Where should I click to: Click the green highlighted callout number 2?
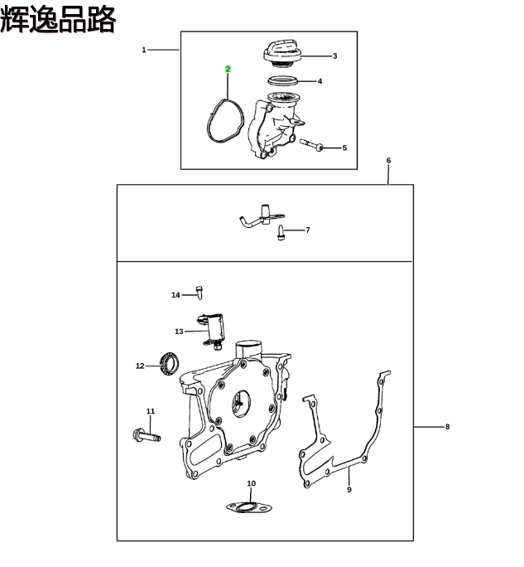[x=228, y=69]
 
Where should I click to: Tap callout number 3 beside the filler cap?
[x=334, y=56]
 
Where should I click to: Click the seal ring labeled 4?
[x=283, y=80]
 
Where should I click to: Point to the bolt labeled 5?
[x=311, y=144]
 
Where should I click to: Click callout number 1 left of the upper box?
[x=144, y=50]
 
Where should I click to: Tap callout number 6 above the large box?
[x=388, y=161]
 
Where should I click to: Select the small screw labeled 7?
[x=281, y=232]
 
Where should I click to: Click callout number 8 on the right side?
[x=448, y=427]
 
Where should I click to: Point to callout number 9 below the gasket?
[x=349, y=490]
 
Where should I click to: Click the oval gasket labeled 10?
[x=248, y=507]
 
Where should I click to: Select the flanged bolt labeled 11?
[x=147, y=435]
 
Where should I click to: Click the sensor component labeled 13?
[x=213, y=331]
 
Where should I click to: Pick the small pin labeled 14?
[x=199, y=293]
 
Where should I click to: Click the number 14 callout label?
[x=175, y=295]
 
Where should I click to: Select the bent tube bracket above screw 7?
[x=262, y=216]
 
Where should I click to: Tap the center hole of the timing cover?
[x=241, y=403]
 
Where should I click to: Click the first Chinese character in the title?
[x=14, y=20]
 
